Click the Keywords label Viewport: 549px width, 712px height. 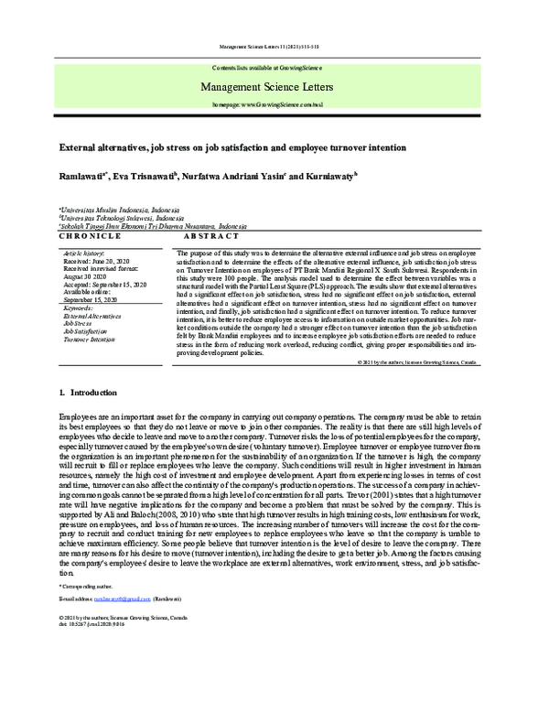point(79,308)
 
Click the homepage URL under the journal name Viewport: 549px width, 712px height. point(274,105)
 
